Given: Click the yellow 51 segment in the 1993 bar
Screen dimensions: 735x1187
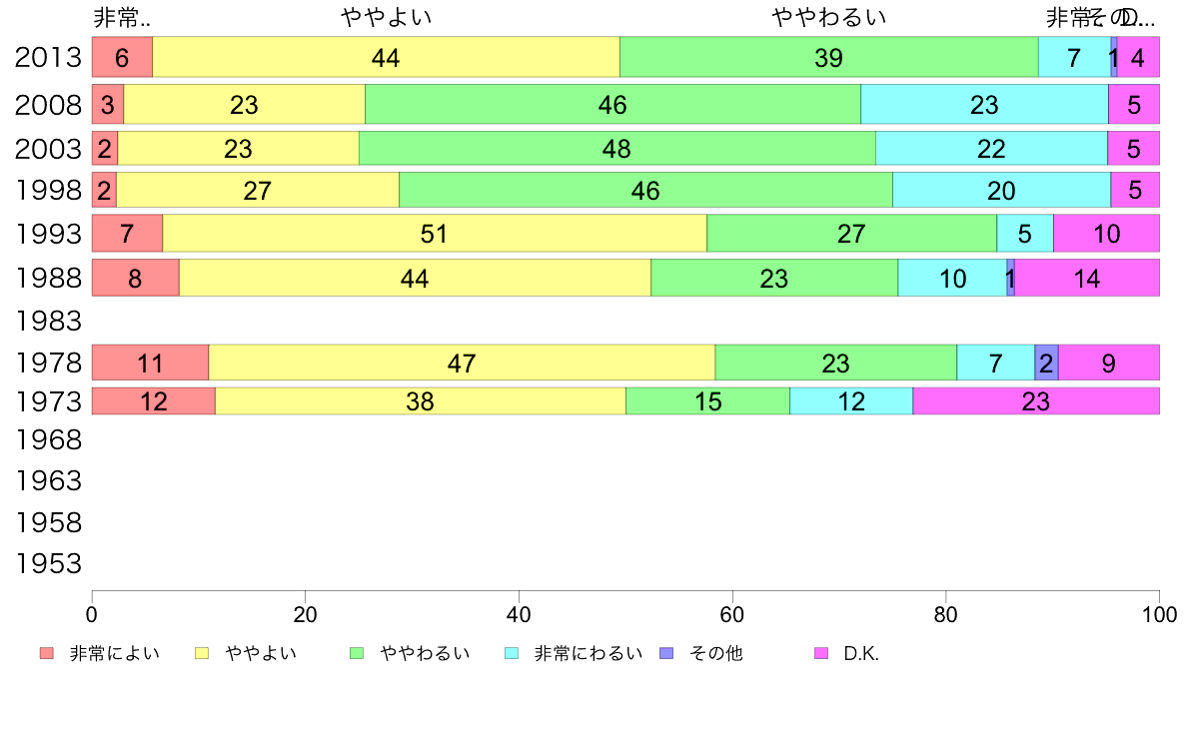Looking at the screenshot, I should (x=434, y=234).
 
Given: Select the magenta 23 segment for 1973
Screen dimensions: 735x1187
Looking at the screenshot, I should (x=1035, y=401).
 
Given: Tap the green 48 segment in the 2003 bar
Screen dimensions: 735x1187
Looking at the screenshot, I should (x=616, y=149).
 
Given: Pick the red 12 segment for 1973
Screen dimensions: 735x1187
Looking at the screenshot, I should (x=153, y=401).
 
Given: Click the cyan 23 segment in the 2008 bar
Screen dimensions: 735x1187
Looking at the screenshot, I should (x=984, y=105).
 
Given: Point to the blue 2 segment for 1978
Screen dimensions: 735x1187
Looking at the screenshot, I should (x=1046, y=363).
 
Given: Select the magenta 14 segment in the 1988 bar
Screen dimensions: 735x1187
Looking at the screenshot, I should (x=1086, y=278).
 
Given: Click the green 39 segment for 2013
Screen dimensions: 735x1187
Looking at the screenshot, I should (x=828, y=57).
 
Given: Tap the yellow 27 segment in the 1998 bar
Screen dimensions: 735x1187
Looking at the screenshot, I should (x=257, y=191).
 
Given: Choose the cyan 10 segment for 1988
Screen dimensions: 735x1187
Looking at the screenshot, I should (x=952, y=278).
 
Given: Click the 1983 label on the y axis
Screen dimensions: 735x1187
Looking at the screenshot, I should (x=48, y=321).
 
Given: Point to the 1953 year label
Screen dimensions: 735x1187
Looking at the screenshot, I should (x=48, y=564).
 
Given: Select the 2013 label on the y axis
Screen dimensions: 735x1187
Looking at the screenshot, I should (x=48, y=58).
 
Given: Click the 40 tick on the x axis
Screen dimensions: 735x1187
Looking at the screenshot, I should (x=519, y=614).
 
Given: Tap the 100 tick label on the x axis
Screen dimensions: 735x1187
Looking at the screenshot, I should (x=1159, y=614).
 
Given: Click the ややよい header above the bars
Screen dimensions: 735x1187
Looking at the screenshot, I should (x=387, y=18).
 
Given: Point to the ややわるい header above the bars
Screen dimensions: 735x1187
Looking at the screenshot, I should (x=829, y=18).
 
